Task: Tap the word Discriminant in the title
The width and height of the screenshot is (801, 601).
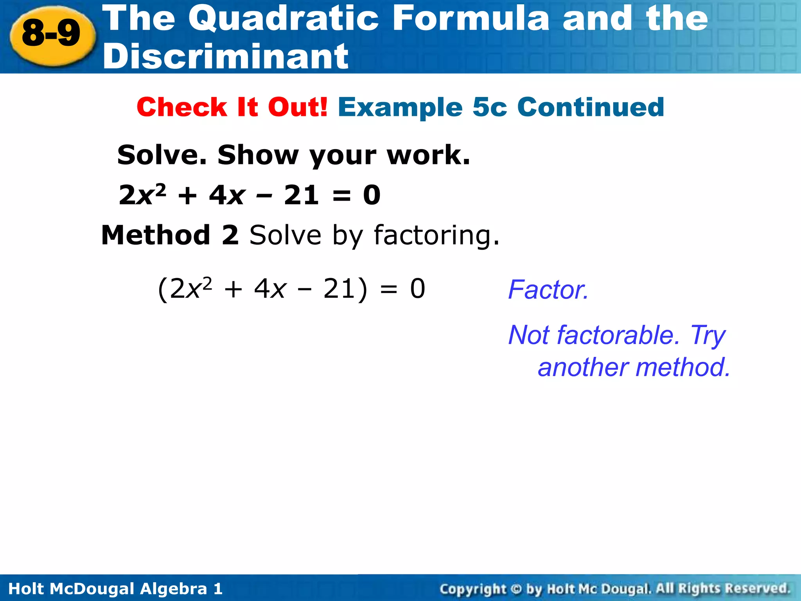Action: point(226,56)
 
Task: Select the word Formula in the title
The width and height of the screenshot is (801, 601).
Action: point(471,18)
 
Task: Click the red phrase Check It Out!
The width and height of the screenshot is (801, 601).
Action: point(232,107)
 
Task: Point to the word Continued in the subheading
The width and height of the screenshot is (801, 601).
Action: point(591,107)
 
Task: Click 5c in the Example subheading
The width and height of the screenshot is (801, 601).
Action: point(490,107)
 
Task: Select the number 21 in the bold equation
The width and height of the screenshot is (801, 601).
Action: point(301,195)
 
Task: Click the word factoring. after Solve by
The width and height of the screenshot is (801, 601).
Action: point(436,236)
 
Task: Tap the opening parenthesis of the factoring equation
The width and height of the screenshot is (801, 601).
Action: point(163,290)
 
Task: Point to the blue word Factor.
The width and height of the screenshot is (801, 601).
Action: point(548,290)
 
